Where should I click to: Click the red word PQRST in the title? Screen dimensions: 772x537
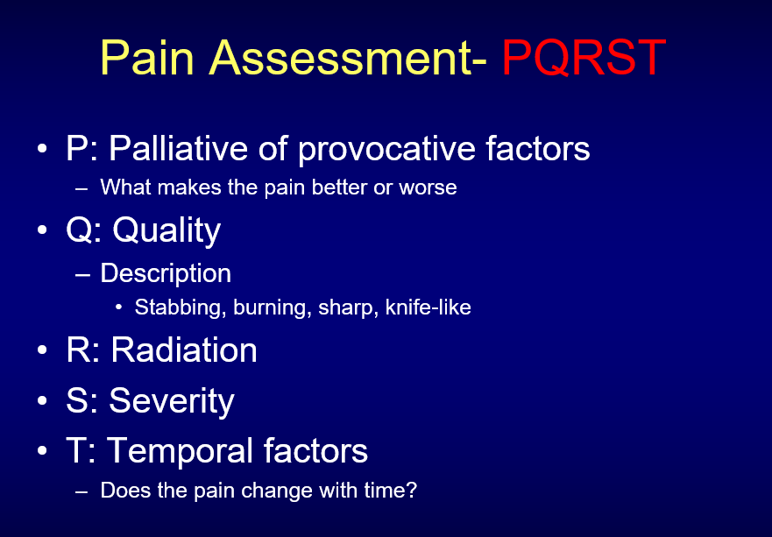[x=584, y=58]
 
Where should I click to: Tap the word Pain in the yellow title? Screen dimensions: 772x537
[x=147, y=58]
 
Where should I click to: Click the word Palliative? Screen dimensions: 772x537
[x=178, y=147]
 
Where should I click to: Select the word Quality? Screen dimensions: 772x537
[x=166, y=230]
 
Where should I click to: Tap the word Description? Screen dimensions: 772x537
[x=166, y=273]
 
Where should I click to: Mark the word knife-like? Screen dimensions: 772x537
[x=428, y=307]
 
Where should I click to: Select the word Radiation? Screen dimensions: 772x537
[x=184, y=350]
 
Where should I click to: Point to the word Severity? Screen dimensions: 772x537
[x=172, y=401]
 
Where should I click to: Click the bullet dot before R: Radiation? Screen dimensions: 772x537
[x=42, y=350]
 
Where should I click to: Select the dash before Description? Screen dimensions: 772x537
[x=82, y=275]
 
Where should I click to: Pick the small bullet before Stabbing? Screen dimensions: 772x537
[x=118, y=308]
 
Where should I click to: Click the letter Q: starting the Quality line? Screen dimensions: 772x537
[x=84, y=230]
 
